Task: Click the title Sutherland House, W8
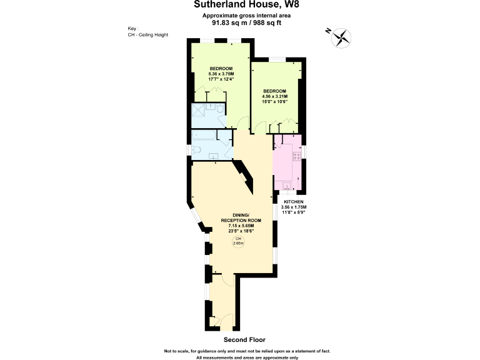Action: point(241,5)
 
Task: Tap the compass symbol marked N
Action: point(340,37)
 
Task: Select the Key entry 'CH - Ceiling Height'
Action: point(147,35)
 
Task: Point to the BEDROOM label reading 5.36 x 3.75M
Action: point(221,72)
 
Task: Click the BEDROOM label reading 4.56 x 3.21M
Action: point(274,96)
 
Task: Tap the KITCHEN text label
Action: point(293,202)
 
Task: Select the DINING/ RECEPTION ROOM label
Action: point(240,218)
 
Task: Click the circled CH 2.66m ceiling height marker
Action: point(238,242)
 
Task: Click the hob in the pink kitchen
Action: point(296,154)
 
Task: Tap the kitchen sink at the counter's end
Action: point(287,184)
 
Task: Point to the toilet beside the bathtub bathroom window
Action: point(196,150)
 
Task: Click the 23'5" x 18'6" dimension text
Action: point(240,231)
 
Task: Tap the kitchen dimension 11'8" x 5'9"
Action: point(293,212)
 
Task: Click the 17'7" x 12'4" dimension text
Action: point(221,78)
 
